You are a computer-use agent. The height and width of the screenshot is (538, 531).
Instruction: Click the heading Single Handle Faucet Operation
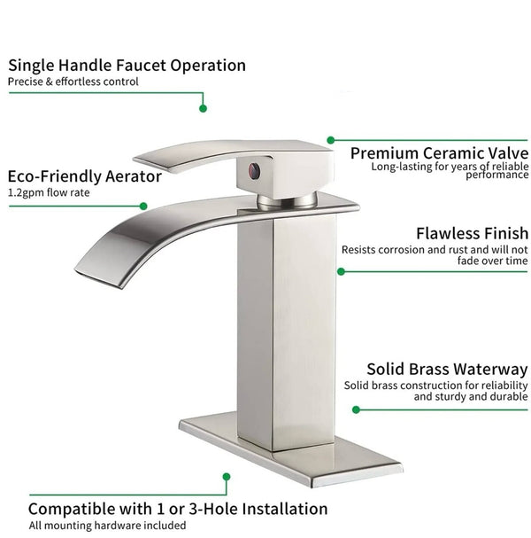[127, 65]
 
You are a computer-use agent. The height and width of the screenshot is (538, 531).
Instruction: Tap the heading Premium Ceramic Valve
[439, 152]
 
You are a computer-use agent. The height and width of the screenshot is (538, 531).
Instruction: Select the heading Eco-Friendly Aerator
[84, 175]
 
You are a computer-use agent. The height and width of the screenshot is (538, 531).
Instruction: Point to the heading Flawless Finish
[472, 233]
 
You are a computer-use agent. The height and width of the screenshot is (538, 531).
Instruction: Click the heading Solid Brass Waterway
[449, 369]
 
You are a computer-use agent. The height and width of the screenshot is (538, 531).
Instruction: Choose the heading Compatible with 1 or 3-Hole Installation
[177, 509]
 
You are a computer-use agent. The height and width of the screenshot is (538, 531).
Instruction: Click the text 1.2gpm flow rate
[48, 192]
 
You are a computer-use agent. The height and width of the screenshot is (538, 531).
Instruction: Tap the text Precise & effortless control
[73, 82]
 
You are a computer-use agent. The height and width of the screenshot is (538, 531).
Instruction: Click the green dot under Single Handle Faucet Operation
[203, 108]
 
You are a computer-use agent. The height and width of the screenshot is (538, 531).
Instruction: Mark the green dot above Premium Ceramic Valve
[331, 139]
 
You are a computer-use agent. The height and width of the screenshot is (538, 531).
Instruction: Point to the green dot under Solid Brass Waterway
[356, 409]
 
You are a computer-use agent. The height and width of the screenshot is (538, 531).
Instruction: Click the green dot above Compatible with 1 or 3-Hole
[226, 477]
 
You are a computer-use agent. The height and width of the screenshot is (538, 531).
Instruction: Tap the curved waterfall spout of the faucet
[133, 235]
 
